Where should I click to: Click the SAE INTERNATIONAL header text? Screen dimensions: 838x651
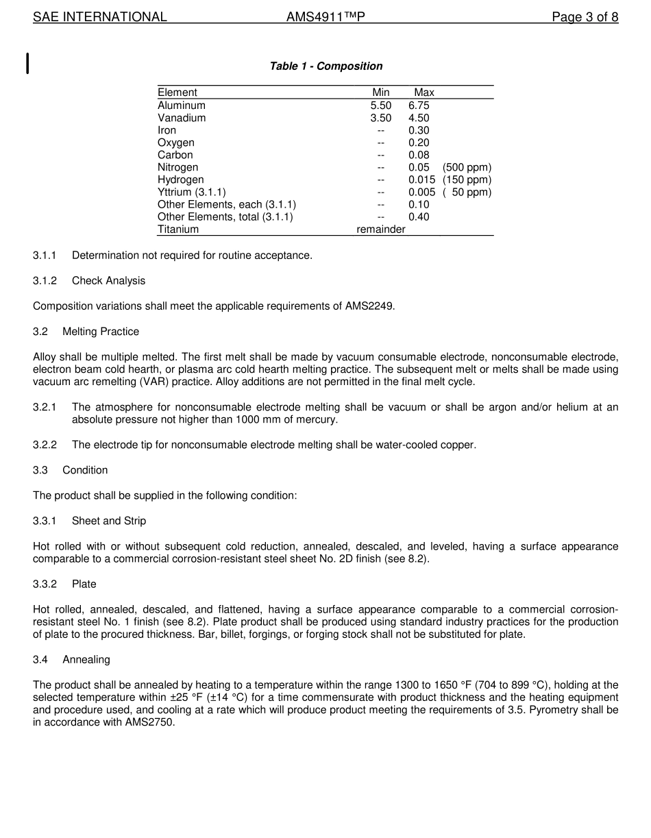pyautogui.click(x=100, y=17)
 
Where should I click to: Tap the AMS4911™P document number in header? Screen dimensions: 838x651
pyautogui.click(x=325, y=17)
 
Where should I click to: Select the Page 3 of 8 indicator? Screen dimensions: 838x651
pyautogui.click(x=585, y=17)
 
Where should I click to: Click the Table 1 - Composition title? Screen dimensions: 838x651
pyautogui.click(x=325, y=66)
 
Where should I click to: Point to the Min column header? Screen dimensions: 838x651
pyautogui.click(x=381, y=93)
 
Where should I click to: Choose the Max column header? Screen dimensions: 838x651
pyautogui.click(x=423, y=93)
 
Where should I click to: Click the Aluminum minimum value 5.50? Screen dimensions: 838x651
pyautogui.click(x=381, y=106)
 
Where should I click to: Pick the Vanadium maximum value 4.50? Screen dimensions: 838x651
pyautogui.click(x=419, y=118)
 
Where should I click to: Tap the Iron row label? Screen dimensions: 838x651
pyautogui.click(x=167, y=130)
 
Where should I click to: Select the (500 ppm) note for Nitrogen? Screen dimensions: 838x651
pyautogui.click(x=467, y=167)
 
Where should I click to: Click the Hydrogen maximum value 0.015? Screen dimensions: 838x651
pyautogui.click(x=421, y=180)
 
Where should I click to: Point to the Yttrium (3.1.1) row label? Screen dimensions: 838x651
pyautogui.click(x=191, y=192)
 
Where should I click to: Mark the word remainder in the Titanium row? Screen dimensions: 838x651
pyautogui.click(x=381, y=230)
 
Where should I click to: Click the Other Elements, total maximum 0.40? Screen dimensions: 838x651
pyautogui.click(x=419, y=217)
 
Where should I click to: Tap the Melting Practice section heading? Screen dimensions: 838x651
pyautogui.click(x=101, y=332)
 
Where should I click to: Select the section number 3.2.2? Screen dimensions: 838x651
pyautogui.click(x=45, y=445)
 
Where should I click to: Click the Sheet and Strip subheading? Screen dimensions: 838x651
pyautogui.click(x=109, y=521)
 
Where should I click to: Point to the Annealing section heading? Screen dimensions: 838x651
pyautogui.click(x=86, y=660)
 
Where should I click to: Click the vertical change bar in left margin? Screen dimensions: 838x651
pyautogui.click(x=27, y=62)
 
